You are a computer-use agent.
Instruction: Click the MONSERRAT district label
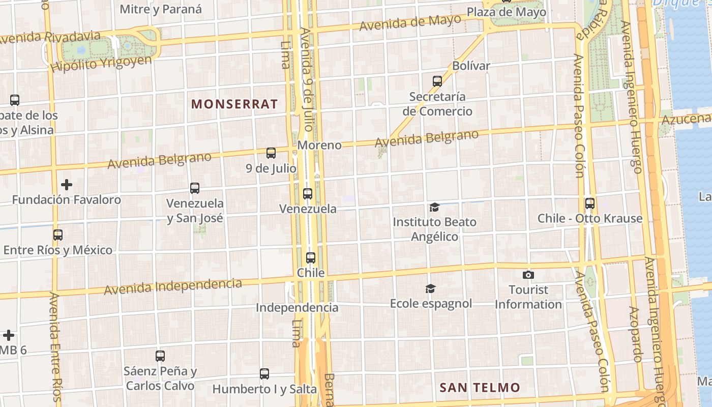pos(234,104)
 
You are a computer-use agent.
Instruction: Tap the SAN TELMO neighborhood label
pos(480,388)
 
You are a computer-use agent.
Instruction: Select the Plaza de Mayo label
pos(506,12)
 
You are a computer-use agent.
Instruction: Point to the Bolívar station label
pos(471,66)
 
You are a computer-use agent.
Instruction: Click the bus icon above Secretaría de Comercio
pos(437,81)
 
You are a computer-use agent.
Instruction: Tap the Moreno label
pos(319,145)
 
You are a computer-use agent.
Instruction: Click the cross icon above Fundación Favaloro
pos(67,184)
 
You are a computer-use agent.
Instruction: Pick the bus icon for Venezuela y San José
pos(195,188)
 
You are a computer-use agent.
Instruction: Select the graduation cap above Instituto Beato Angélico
pos(434,207)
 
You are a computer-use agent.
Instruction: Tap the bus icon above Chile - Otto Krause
pos(590,203)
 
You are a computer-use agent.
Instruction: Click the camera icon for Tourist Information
pos(528,275)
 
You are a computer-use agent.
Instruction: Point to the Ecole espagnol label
pos(431,304)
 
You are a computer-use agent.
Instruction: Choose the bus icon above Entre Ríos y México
pos(58,235)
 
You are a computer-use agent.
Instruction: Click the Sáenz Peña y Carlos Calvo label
pos(160,379)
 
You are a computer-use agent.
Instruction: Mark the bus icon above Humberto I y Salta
pos(264,374)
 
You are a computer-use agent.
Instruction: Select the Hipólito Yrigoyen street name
pos(101,64)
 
